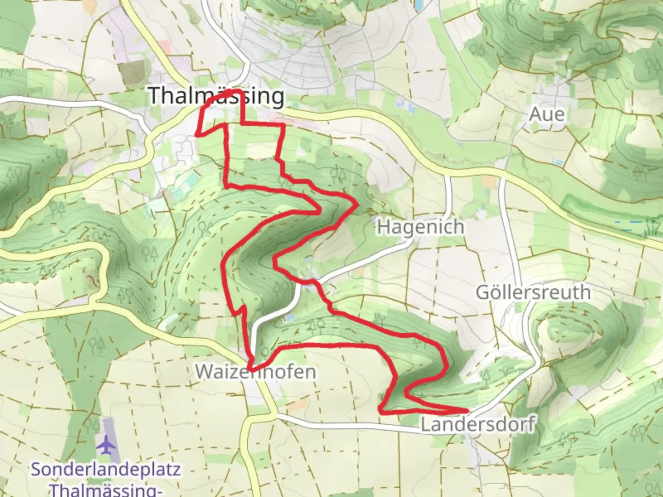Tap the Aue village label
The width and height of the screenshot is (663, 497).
point(547,114)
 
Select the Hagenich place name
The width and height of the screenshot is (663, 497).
point(420,227)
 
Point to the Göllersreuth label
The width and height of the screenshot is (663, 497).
point(533,292)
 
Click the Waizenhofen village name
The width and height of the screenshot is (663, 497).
point(256,371)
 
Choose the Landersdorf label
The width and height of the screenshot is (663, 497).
point(478,424)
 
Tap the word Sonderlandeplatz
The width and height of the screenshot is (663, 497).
point(105,470)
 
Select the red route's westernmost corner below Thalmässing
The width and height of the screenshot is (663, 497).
point(197,135)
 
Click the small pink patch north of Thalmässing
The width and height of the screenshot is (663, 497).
point(164,46)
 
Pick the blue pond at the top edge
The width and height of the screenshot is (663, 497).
point(419,5)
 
